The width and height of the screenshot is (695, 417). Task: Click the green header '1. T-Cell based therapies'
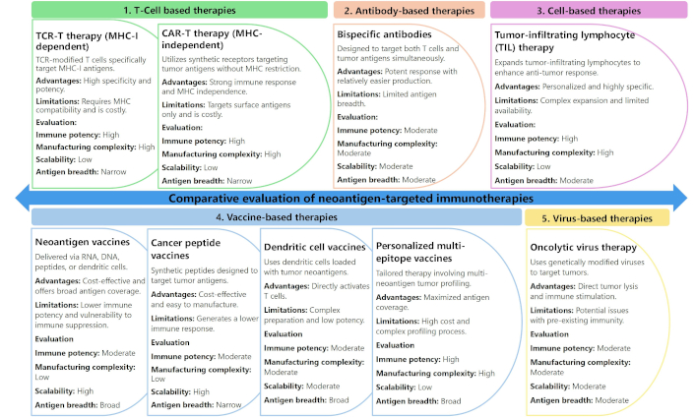(x=179, y=10)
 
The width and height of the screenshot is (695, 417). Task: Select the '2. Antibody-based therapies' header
(x=410, y=11)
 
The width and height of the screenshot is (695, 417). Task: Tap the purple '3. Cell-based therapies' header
(x=589, y=11)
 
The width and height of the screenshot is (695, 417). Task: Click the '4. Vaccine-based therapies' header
(x=277, y=217)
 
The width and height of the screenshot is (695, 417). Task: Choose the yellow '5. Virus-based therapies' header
(x=597, y=218)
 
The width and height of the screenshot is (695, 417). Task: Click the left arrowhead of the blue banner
(x=23, y=198)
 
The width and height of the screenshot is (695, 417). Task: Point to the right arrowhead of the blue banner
(x=680, y=198)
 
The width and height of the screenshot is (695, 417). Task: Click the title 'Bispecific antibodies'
(x=384, y=34)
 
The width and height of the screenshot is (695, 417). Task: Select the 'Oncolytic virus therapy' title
(x=584, y=248)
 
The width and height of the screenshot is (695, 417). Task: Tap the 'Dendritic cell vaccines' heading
(x=315, y=247)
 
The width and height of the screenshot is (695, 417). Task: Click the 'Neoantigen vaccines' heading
(x=83, y=242)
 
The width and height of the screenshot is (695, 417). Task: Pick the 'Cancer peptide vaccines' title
(x=186, y=249)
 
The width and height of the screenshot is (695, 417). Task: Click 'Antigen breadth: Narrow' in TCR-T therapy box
(x=81, y=172)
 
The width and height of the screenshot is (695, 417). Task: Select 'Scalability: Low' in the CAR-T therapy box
(x=190, y=168)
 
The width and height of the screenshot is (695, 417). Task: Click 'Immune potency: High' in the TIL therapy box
(x=537, y=139)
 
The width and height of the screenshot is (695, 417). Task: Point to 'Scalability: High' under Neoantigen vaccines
(x=64, y=391)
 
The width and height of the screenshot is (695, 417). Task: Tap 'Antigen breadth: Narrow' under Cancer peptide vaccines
(x=196, y=405)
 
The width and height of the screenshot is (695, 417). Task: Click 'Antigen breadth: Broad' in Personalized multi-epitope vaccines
(x=418, y=401)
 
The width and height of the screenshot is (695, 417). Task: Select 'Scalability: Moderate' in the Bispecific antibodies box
(x=375, y=166)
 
